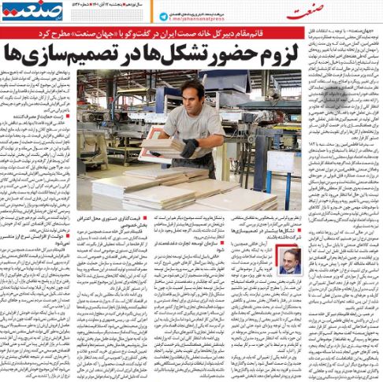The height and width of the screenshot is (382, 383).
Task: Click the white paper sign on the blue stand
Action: (x=257, y=161)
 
